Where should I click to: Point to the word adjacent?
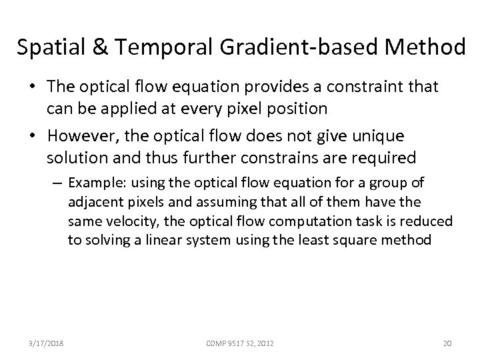93,201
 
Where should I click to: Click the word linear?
152,239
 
